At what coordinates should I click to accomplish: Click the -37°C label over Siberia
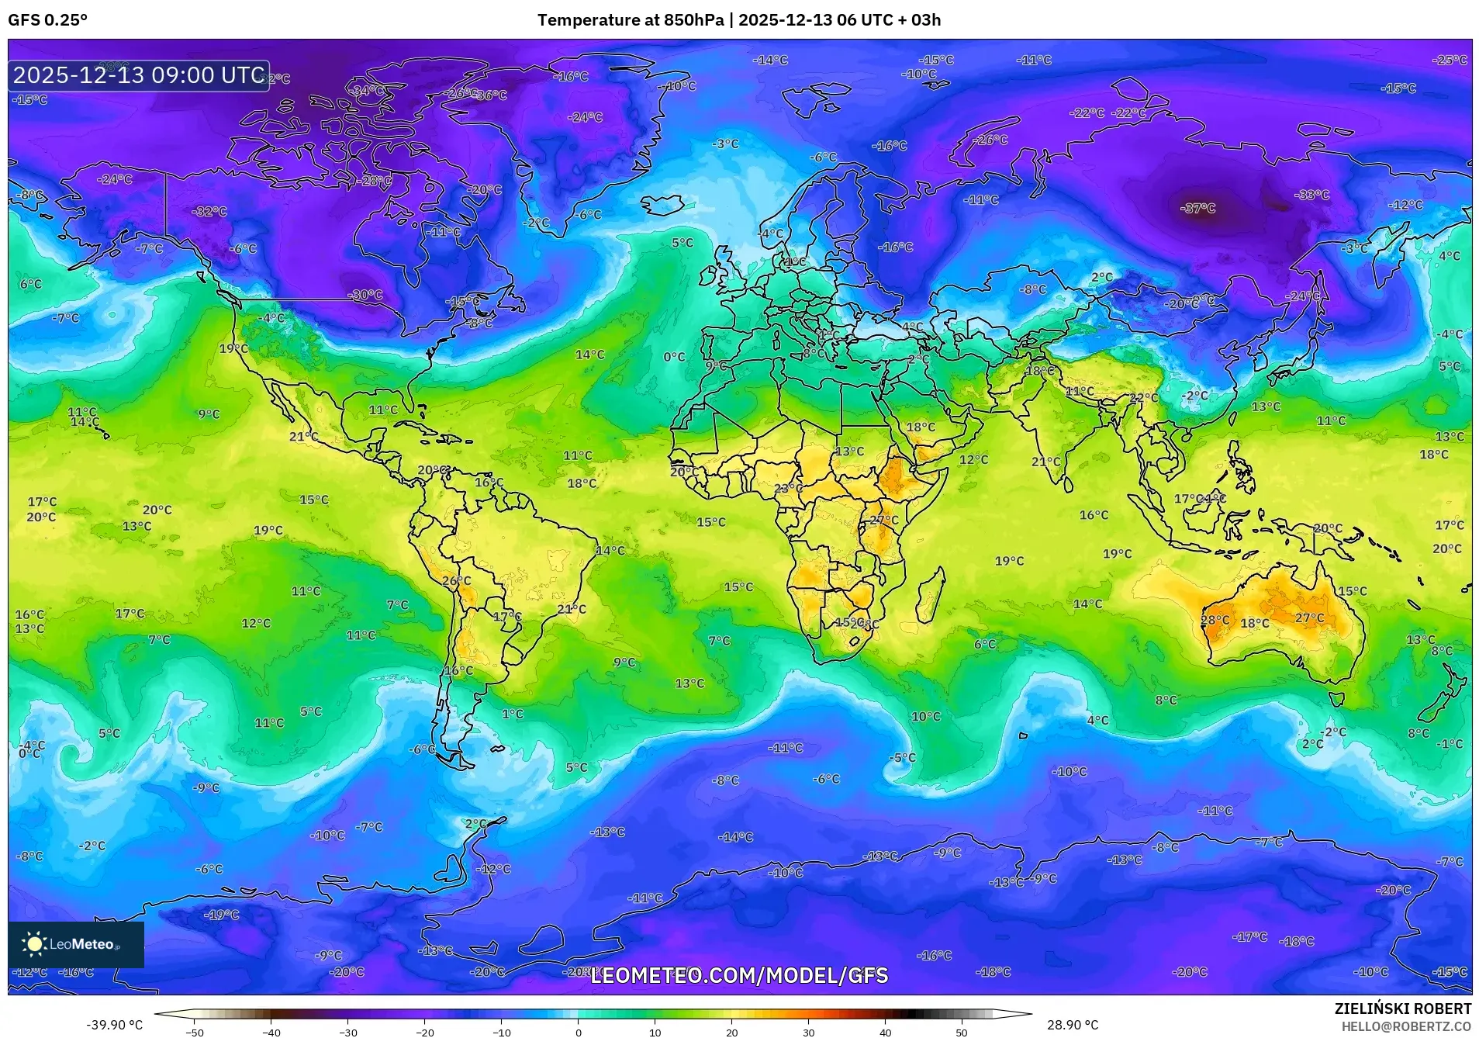tap(1197, 208)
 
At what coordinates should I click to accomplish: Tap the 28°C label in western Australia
tap(1215, 620)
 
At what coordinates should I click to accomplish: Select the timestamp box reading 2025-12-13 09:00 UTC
tap(139, 75)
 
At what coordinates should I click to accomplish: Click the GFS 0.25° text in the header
tap(47, 20)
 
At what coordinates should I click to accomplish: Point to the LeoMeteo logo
tap(75, 944)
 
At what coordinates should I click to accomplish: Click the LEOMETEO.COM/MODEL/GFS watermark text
tap(739, 975)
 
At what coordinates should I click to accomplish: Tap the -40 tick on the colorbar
tap(271, 1031)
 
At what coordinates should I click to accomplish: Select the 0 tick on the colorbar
tap(578, 1031)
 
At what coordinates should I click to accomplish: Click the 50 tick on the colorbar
tap(962, 1031)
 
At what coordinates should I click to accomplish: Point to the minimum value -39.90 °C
tap(114, 1025)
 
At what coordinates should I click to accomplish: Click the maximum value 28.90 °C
tap(1072, 1025)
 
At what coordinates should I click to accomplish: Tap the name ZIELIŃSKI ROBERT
tap(1402, 1009)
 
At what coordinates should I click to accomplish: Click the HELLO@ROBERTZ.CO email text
tap(1406, 1026)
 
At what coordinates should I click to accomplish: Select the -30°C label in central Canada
tap(367, 295)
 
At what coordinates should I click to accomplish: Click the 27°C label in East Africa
tap(883, 520)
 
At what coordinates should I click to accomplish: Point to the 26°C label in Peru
tap(456, 580)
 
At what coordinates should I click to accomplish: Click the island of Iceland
tap(665, 205)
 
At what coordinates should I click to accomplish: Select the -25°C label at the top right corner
tap(1450, 60)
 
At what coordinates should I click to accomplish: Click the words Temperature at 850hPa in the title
tap(630, 20)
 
